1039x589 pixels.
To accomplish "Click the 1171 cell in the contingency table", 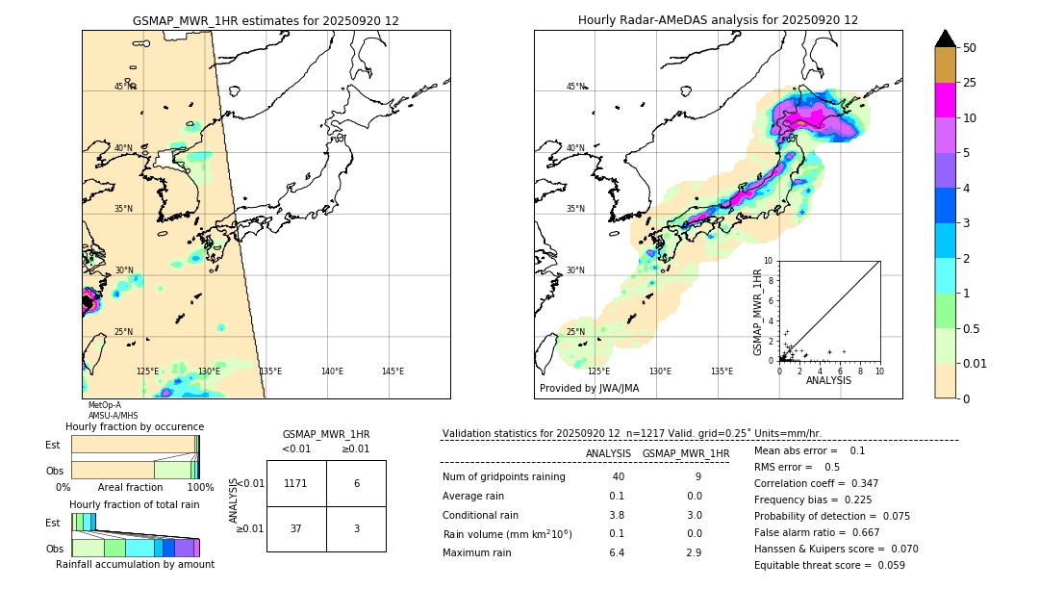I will pyautogui.click(x=296, y=483).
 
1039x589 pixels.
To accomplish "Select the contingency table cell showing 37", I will pyautogui.click(x=296, y=528).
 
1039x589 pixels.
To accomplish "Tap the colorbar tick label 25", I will pyautogui.click(x=970, y=84).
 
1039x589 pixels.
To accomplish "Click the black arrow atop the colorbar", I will pyautogui.click(x=946, y=38).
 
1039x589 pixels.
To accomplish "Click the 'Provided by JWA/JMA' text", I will pyautogui.click(x=589, y=389).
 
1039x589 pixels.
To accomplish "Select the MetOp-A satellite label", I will pyautogui.click(x=104, y=405).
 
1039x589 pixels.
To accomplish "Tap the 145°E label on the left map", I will pyautogui.click(x=393, y=371).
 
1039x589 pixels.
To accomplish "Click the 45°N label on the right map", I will pyautogui.click(x=575, y=87).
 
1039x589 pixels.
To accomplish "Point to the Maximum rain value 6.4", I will pyautogui.click(x=616, y=552).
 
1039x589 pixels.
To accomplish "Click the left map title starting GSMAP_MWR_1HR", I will pyautogui.click(x=266, y=20).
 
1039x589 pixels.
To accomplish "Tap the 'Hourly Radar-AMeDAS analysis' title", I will pyautogui.click(x=718, y=20).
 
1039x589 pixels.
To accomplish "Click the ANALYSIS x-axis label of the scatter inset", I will pyautogui.click(x=828, y=380).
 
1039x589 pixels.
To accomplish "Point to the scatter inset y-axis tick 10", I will pyautogui.click(x=769, y=261).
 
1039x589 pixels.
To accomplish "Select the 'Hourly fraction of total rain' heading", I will pyautogui.click(x=135, y=505).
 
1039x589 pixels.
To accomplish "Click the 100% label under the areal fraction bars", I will pyautogui.click(x=201, y=488).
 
